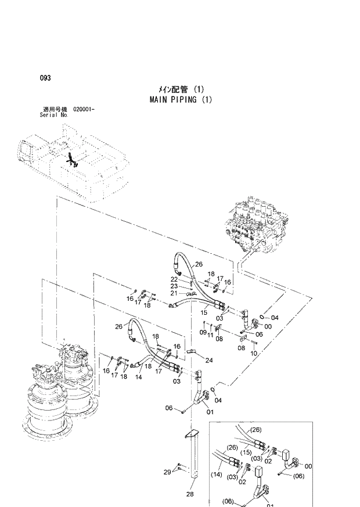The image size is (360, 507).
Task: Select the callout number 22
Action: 174,279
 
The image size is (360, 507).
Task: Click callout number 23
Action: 174,286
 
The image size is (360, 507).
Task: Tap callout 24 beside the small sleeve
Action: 208,360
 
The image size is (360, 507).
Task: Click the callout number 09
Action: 203,333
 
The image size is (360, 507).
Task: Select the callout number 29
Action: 167,472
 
